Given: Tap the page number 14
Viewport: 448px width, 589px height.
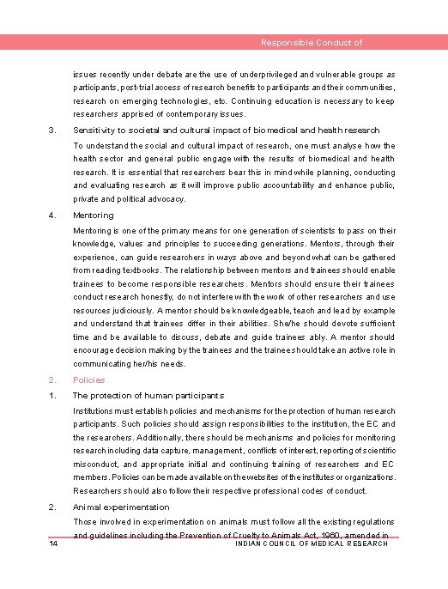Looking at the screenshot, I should (53, 544).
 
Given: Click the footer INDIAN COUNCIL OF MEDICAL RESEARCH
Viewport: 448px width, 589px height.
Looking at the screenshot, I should (312, 543).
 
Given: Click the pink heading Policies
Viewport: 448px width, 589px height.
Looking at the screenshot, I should (89, 380).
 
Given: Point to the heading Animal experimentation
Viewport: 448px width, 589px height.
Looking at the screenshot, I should (121, 507).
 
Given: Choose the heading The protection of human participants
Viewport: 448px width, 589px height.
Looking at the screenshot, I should (148, 396).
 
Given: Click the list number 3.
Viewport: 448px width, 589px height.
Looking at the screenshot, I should (52, 131).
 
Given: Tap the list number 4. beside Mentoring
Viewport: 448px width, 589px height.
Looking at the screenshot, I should (52, 216).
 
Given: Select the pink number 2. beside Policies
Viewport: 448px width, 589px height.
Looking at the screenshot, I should (52, 380).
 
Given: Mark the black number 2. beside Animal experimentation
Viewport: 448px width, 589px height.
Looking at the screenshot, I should (52, 507).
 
